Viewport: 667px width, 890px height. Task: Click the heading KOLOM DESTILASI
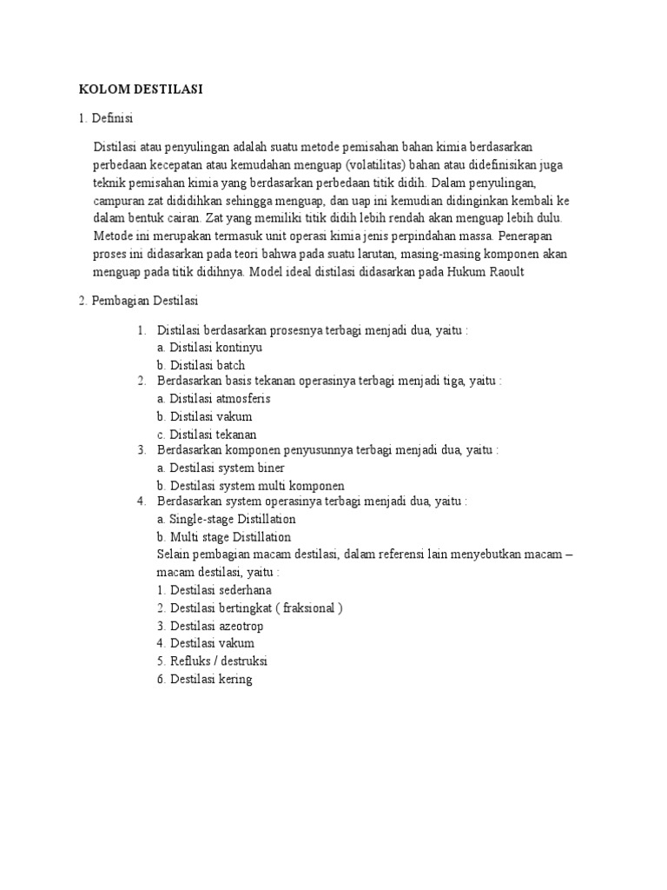141,89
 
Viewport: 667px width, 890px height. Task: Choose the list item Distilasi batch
201,365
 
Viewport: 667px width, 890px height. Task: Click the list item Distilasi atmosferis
214,399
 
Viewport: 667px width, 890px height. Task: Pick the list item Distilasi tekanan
207,434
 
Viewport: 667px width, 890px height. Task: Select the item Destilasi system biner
221,468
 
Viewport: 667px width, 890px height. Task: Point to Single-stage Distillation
227,520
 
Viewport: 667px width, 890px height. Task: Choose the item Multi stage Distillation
224,537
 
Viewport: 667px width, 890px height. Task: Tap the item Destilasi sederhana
215,589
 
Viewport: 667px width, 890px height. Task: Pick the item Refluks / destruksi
212,661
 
